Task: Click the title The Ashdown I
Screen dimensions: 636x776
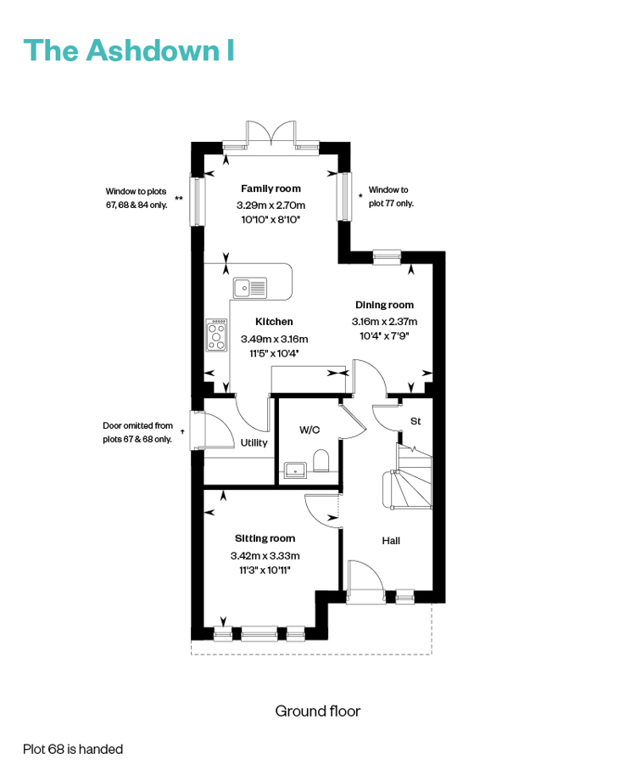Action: pyautogui.click(x=129, y=50)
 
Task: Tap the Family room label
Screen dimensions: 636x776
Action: pyautogui.click(x=271, y=188)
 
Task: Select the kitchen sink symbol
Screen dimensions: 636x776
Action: pyautogui.click(x=250, y=288)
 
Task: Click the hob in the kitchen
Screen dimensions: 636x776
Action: pyautogui.click(x=216, y=335)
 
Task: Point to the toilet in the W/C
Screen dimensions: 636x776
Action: pyautogui.click(x=321, y=460)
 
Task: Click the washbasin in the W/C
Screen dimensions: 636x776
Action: pyautogui.click(x=295, y=470)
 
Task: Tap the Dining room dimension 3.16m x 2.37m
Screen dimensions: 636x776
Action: pyautogui.click(x=384, y=322)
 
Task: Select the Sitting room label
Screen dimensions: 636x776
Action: pyautogui.click(x=265, y=538)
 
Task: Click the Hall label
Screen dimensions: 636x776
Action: pyautogui.click(x=391, y=541)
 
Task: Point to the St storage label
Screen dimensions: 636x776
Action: pyautogui.click(x=416, y=421)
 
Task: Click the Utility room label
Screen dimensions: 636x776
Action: pyautogui.click(x=254, y=443)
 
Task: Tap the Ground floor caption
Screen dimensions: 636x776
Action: pyautogui.click(x=318, y=711)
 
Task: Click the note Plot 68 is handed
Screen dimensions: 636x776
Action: pyautogui.click(x=73, y=750)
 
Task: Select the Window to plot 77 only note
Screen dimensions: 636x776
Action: pyautogui.click(x=390, y=196)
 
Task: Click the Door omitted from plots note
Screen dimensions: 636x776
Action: pyautogui.click(x=137, y=432)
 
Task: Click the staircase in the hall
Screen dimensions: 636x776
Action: pyautogui.click(x=407, y=476)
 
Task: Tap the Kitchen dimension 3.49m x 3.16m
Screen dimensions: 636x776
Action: pyautogui.click(x=274, y=339)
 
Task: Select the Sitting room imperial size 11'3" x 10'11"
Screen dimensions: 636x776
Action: pyautogui.click(x=265, y=571)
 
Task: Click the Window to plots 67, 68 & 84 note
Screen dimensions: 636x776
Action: pyautogui.click(x=137, y=198)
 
